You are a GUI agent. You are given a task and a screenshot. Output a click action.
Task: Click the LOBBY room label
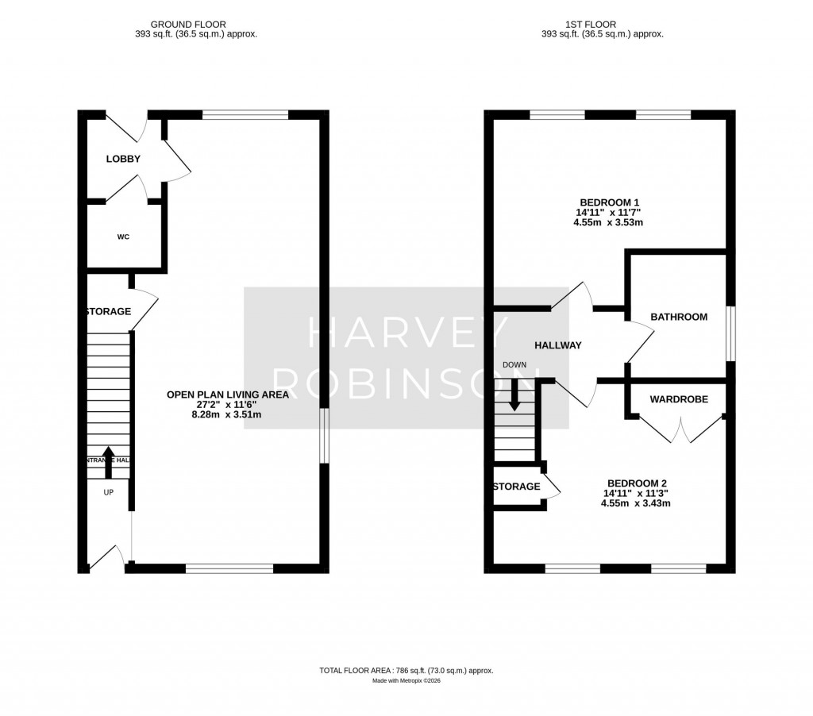coord(123,159)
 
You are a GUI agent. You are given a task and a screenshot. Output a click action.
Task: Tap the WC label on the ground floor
coord(123,237)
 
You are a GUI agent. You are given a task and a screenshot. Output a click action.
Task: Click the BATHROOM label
coord(678,317)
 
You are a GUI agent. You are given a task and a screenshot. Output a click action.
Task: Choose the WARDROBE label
coord(678,399)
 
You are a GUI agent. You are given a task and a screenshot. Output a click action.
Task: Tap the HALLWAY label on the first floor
coord(557,345)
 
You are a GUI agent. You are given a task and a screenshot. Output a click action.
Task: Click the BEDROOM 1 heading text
coord(607,201)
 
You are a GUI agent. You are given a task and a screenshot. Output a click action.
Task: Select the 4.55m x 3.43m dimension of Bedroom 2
coord(633,503)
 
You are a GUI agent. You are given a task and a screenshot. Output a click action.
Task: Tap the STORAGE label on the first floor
coord(517,487)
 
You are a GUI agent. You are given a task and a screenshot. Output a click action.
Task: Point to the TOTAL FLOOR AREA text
coord(406,671)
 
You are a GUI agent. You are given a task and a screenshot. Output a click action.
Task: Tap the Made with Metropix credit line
coord(406,681)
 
